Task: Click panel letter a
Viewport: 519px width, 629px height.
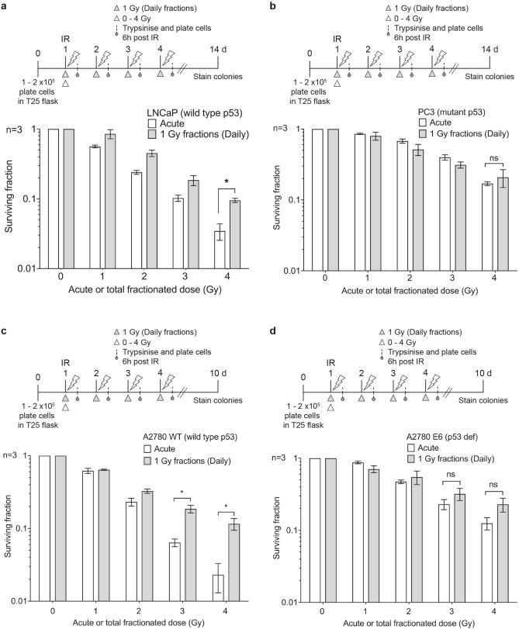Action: pyautogui.click(x=6, y=6)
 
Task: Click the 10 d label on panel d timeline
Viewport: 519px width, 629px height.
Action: pyautogui.click(x=482, y=374)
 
